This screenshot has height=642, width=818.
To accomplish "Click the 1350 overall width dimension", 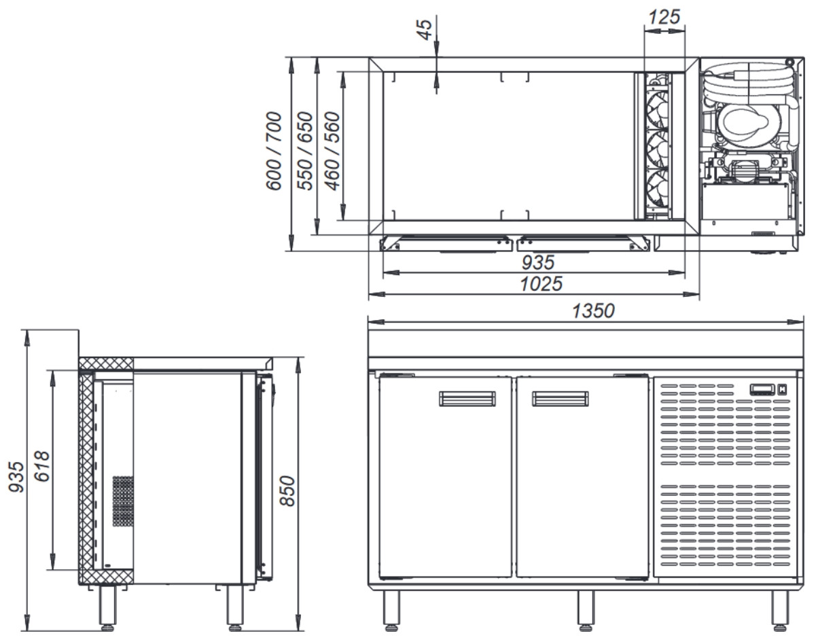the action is pos(593,311).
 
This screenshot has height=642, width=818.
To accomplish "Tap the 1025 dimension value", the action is pos(541,284).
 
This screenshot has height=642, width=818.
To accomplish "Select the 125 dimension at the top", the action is pos(664,17).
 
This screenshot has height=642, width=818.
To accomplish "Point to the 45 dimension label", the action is pos(424,29).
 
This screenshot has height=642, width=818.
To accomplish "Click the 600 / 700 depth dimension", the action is pos(274,151).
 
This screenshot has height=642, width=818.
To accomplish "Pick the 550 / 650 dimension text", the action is pos(305,151).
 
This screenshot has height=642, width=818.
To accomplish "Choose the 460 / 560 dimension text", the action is pos(332,151).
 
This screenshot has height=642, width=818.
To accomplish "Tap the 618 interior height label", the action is pos(41,466).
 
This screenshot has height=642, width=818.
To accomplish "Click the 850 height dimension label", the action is pos(288,491).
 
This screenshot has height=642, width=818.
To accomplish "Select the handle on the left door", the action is pos(467,399).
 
